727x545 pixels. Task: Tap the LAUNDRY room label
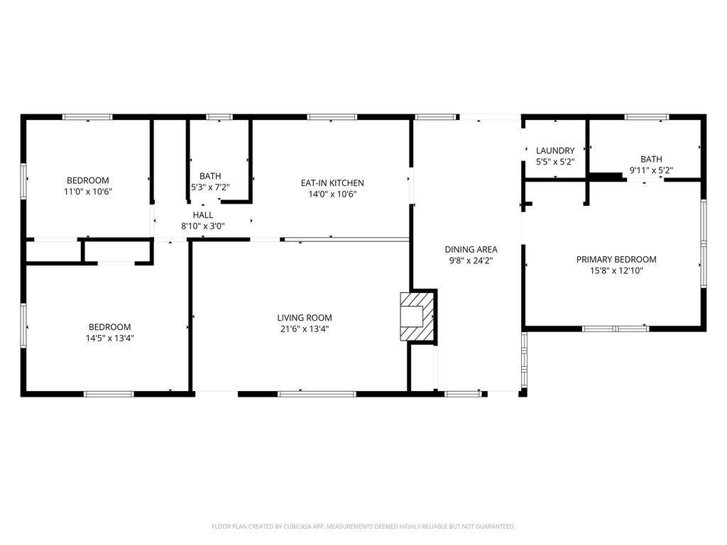pyautogui.click(x=555, y=150)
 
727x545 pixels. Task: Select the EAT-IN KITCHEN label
pyautogui.click(x=332, y=183)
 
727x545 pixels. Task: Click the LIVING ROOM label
pyautogui.click(x=305, y=318)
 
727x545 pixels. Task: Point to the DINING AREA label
pyautogui.click(x=471, y=249)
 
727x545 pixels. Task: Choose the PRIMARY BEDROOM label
pyautogui.click(x=616, y=260)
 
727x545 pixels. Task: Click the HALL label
pyautogui.click(x=203, y=215)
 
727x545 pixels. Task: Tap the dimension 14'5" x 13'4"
pyautogui.click(x=110, y=338)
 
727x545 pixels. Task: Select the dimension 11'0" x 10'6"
pyautogui.click(x=88, y=192)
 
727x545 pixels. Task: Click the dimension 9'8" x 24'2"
pyautogui.click(x=471, y=261)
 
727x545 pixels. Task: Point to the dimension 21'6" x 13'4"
pyautogui.click(x=305, y=329)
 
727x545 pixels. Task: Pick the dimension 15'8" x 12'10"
pyautogui.click(x=616, y=270)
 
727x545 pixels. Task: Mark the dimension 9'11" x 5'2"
pyautogui.click(x=651, y=170)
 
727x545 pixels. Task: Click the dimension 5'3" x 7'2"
pyautogui.click(x=210, y=187)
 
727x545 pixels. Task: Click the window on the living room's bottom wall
pyautogui.click(x=317, y=395)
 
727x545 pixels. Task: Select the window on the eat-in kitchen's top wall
pyautogui.click(x=332, y=117)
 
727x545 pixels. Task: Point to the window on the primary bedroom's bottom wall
pyautogui.click(x=616, y=329)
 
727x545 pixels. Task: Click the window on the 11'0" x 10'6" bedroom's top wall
pyautogui.click(x=87, y=117)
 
